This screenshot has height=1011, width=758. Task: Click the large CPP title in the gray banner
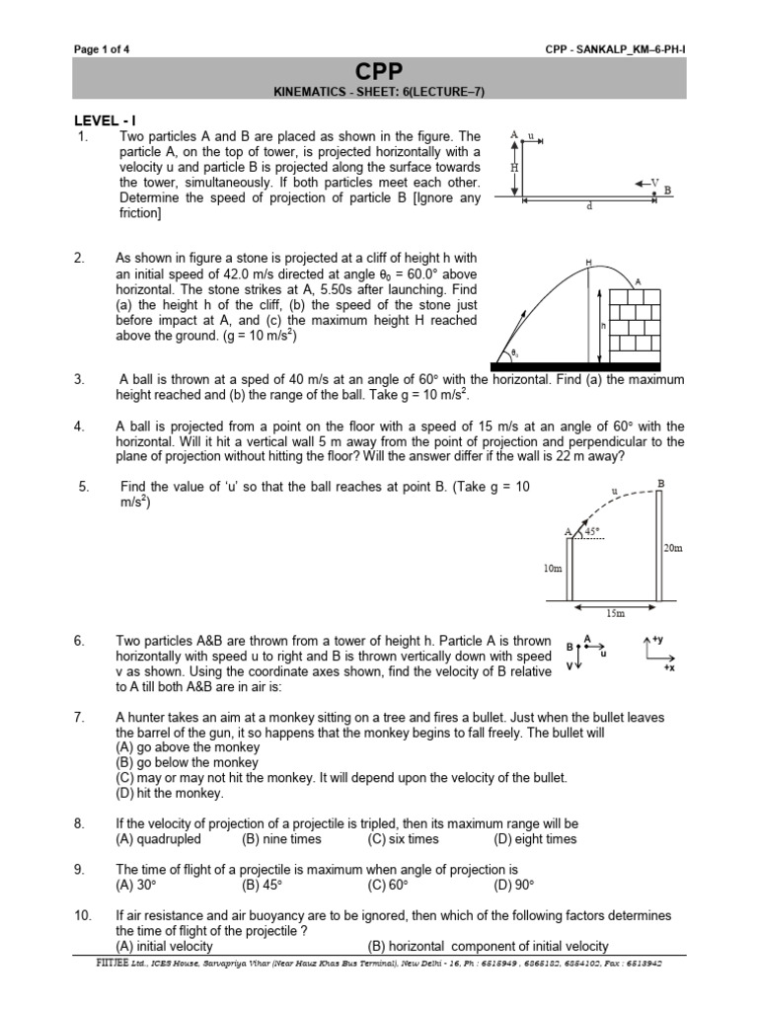[379, 72]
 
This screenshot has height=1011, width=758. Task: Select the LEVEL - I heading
[105, 119]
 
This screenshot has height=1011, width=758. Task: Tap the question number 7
[81, 716]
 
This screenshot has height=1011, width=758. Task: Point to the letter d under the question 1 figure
[588, 206]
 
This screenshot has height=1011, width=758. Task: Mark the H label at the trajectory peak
[589, 262]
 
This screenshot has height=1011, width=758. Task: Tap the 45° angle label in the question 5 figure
[593, 530]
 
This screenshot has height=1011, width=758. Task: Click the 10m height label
[552, 569]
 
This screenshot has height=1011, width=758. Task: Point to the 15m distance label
[614, 613]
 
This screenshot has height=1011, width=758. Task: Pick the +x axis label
[668, 668]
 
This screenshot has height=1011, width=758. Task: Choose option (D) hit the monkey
[169, 792]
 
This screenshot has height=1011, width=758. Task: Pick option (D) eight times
[534, 839]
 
